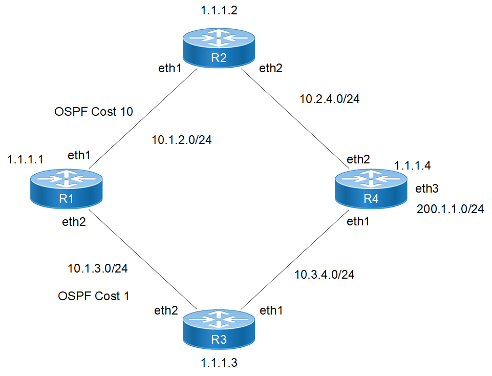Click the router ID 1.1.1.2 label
click(219, 10)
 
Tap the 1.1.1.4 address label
click(413, 165)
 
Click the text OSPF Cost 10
click(94, 112)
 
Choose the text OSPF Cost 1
click(94, 296)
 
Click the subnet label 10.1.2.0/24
click(182, 139)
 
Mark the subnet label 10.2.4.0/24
click(330, 99)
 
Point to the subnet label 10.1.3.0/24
click(97, 268)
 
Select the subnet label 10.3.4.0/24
click(325, 275)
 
